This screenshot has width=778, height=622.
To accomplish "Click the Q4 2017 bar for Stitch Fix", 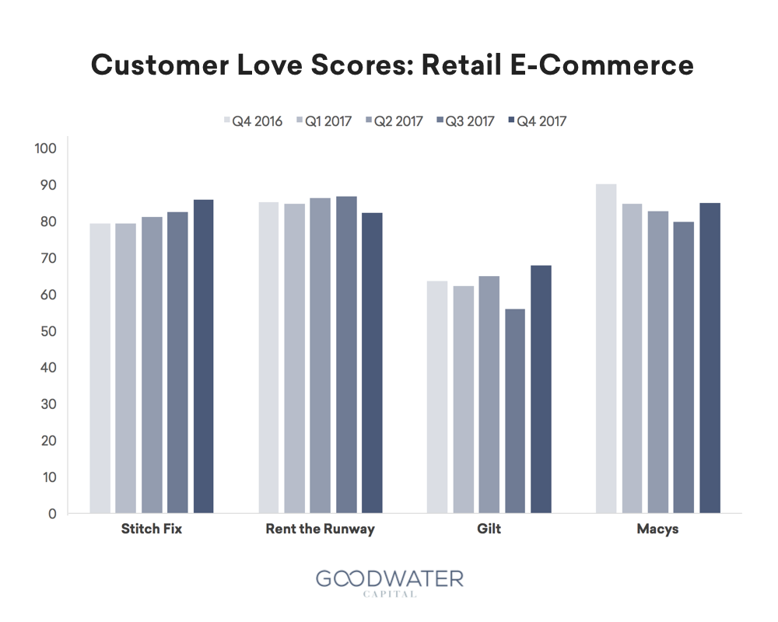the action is [x=203, y=356].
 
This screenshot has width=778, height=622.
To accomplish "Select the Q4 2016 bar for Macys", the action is [x=606, y=348].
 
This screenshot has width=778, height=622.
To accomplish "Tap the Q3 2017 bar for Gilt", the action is [x=515, y=411].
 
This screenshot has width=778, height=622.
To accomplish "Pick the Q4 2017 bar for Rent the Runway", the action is [x=372, y=362].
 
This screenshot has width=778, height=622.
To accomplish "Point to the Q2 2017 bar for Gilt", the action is [x=489, y=394].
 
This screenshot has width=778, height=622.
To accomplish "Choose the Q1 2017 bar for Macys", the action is [x=632, y=358].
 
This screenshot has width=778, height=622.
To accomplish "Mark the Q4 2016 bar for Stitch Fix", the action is [x=100, y=368].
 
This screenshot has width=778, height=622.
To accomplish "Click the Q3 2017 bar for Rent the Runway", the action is [x=346, y=355].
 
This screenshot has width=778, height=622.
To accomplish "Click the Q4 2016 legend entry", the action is [x=253, y=121].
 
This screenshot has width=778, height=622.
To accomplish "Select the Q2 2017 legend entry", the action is [x=394, y=121].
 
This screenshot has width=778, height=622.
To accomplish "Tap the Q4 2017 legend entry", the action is [x=538, y=121].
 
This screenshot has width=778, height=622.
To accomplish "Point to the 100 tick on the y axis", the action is [x=46, y=149].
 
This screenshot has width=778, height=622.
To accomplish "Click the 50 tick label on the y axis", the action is [x=48, y=331].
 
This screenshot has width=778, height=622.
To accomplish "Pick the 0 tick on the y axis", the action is [x=52, y=514].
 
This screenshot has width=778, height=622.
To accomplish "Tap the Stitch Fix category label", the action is [x=152, y=529].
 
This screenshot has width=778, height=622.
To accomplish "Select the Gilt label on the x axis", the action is [x=489, y=529].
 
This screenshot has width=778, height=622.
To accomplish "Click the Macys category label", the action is [x=657, y=529].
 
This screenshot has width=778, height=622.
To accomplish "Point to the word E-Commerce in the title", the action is [x=602, y=65].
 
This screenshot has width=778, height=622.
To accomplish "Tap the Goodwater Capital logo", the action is [x=390, y=583].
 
